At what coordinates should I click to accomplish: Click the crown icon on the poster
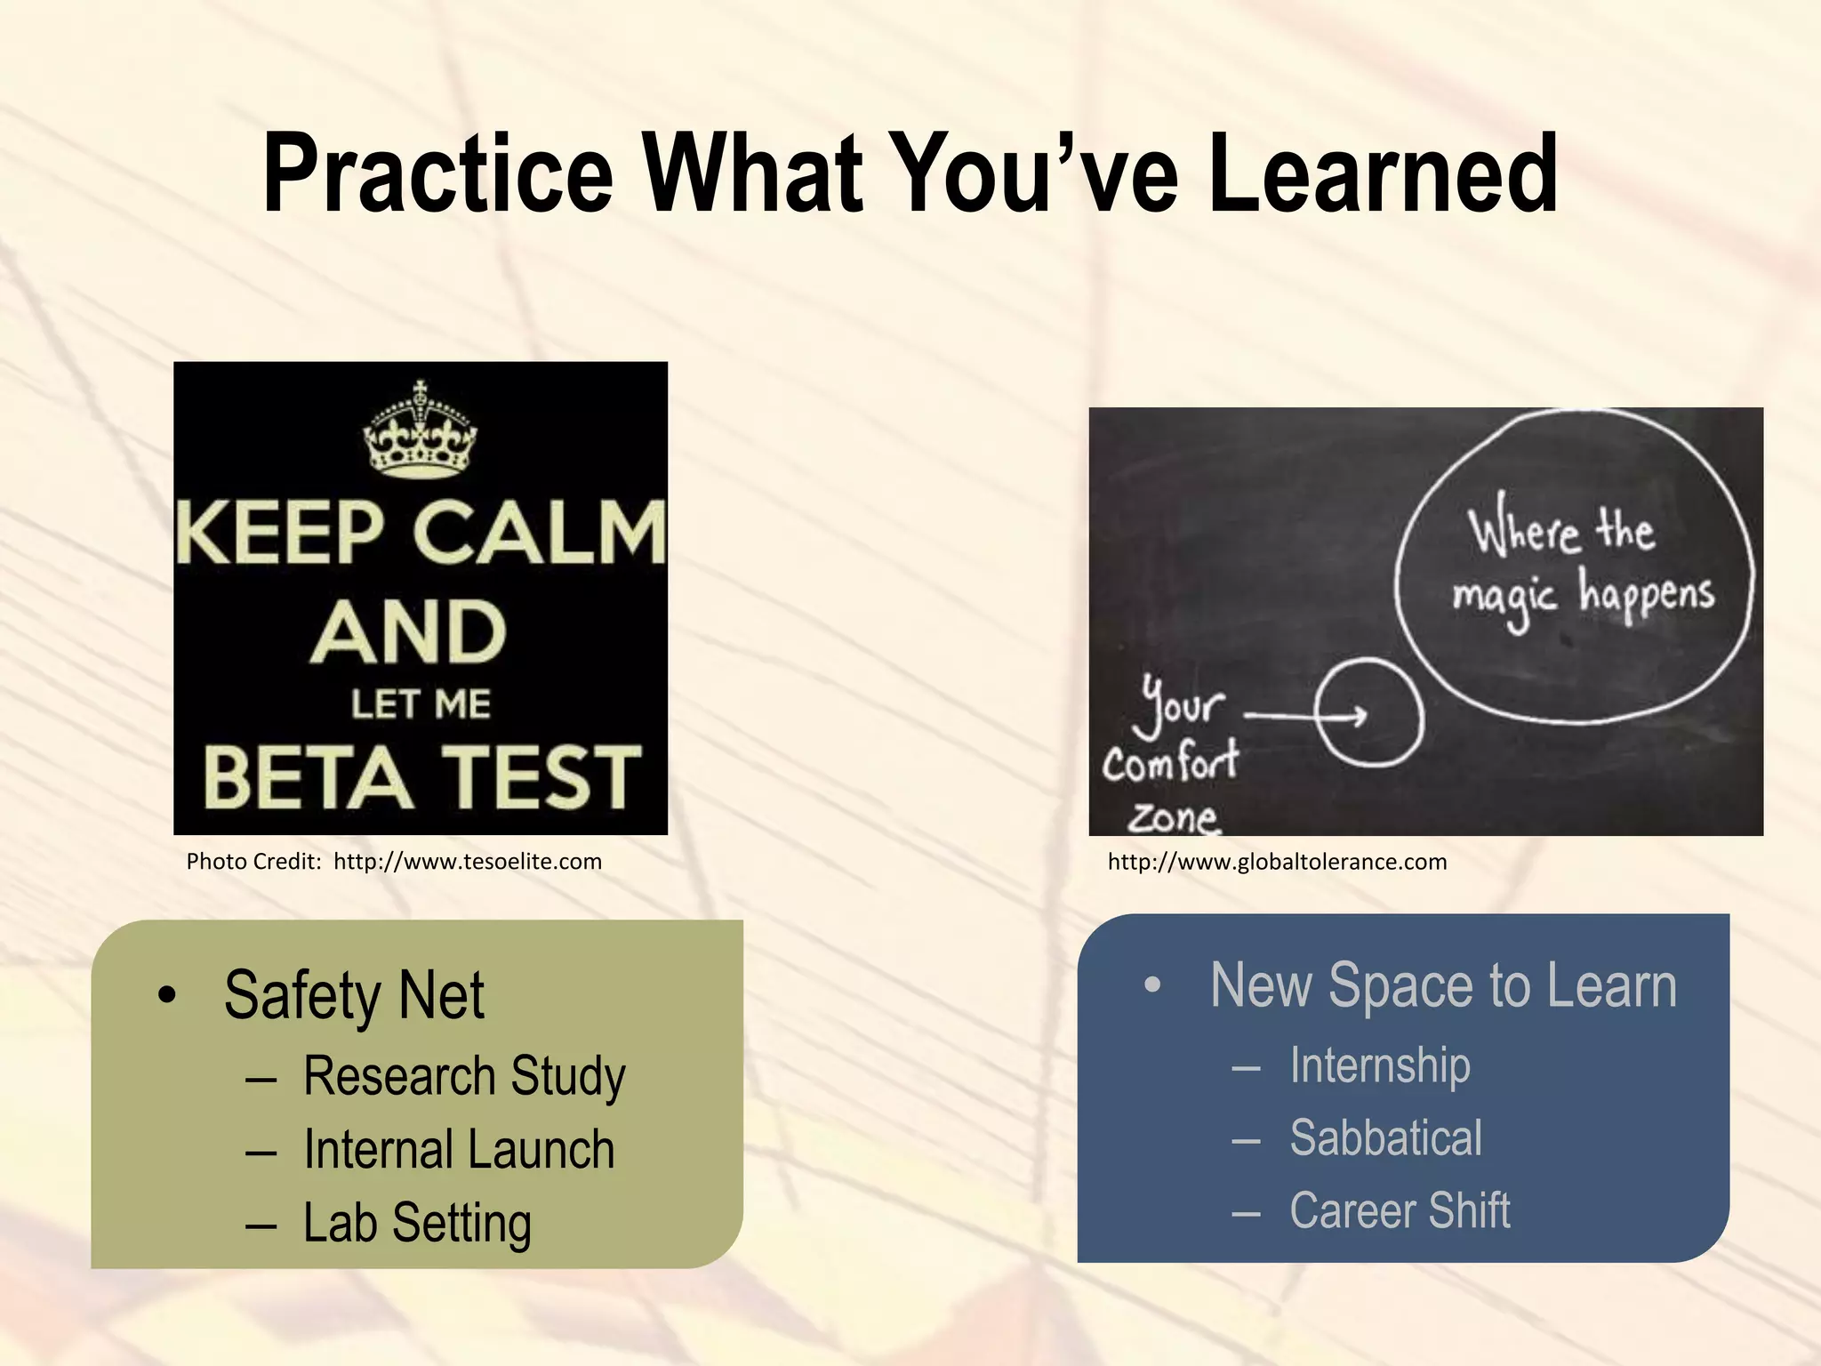point(420,431)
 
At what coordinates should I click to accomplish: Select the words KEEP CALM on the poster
point(421,533)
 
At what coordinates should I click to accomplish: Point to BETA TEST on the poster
point(421,777)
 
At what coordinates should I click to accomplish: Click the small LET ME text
point(421,704)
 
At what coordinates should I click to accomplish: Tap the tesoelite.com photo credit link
point(468,862)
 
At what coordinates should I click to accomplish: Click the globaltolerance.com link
point(1277,862)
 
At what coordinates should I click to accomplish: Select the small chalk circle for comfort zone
point(1368,712)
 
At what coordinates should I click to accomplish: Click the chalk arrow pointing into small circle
point(1307,715)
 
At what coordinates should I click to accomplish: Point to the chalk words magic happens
point(1583,594)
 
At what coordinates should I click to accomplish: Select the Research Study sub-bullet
point(464,1077)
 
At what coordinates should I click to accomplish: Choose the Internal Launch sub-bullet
point(459,1150)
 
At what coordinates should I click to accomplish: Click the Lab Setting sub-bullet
point(417,1223)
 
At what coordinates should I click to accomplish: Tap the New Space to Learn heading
point(1443,986)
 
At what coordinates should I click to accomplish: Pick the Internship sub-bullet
point(1380,1065)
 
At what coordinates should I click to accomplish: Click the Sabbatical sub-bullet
point(1385,1138)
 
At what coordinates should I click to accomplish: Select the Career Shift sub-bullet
point(1400,1211)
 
